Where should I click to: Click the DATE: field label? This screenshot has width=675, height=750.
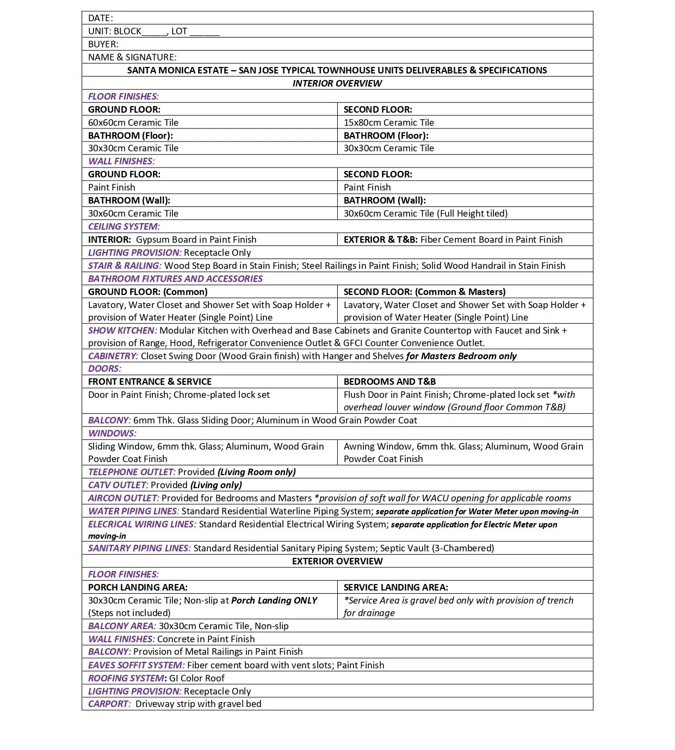coord(101,18)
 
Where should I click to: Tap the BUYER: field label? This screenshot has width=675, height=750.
coord(103,44)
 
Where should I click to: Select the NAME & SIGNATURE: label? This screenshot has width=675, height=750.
coord(132,57)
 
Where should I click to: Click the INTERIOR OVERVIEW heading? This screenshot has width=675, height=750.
coord(337,83)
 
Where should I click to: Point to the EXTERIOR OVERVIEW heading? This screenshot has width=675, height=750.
coord(337,561)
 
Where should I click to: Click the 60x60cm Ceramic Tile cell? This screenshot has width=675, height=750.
coord(133,122)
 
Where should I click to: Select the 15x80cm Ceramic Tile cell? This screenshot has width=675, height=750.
coord(389,122)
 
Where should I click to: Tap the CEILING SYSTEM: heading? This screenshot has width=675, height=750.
coord(124,226)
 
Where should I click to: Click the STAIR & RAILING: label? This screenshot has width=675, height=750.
coord(125,266)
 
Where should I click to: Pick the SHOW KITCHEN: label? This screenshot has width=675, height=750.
coord(122,330)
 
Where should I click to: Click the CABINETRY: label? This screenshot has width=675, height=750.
coord(113,356)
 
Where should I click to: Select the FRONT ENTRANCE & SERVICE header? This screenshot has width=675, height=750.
coord(150,382)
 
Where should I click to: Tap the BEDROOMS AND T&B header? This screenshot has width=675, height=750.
coord(389,382)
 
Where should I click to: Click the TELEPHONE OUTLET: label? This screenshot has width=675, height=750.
coord(132,472)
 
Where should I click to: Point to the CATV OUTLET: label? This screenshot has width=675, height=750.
coord(118,485)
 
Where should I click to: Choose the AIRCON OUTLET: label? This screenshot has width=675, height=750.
coord(123,498)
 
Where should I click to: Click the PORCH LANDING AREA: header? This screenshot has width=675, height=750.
coord(138,587)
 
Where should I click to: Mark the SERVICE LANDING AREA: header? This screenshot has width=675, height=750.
coord(396,587)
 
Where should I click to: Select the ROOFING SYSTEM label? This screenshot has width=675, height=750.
coord(126,678)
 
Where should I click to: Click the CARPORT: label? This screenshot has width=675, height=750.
coord(109,704)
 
